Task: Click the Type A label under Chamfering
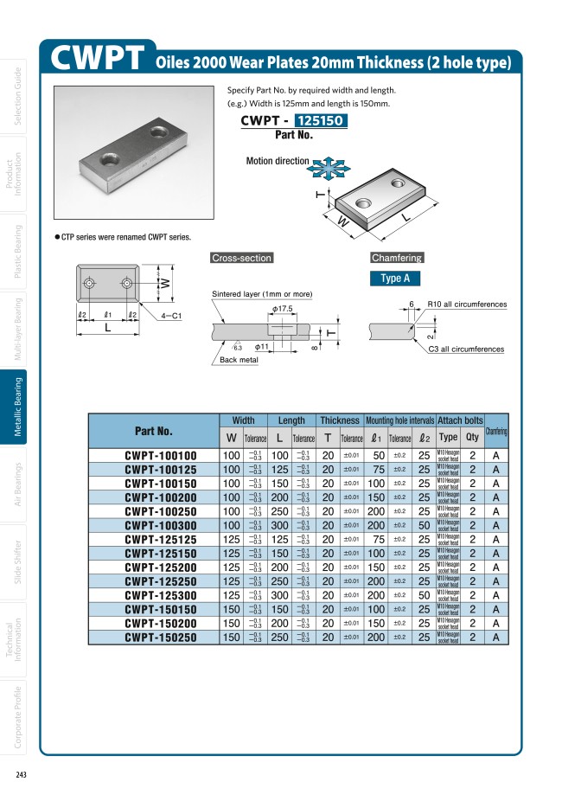point(395,278)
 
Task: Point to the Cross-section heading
point(241,258)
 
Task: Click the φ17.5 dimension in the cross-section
point(282,309)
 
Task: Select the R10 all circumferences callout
point(467,305)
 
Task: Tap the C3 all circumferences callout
point(466,349)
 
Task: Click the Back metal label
point(238,360)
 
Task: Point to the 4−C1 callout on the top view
point(170,317)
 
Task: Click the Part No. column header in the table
point(154,431)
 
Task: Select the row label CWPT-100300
point(161,525)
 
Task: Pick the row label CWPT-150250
point(161,638)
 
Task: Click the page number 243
point(21,773)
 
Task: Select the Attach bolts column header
point(460,420)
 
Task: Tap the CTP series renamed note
point(125,237)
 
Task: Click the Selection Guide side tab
point(18,96)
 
